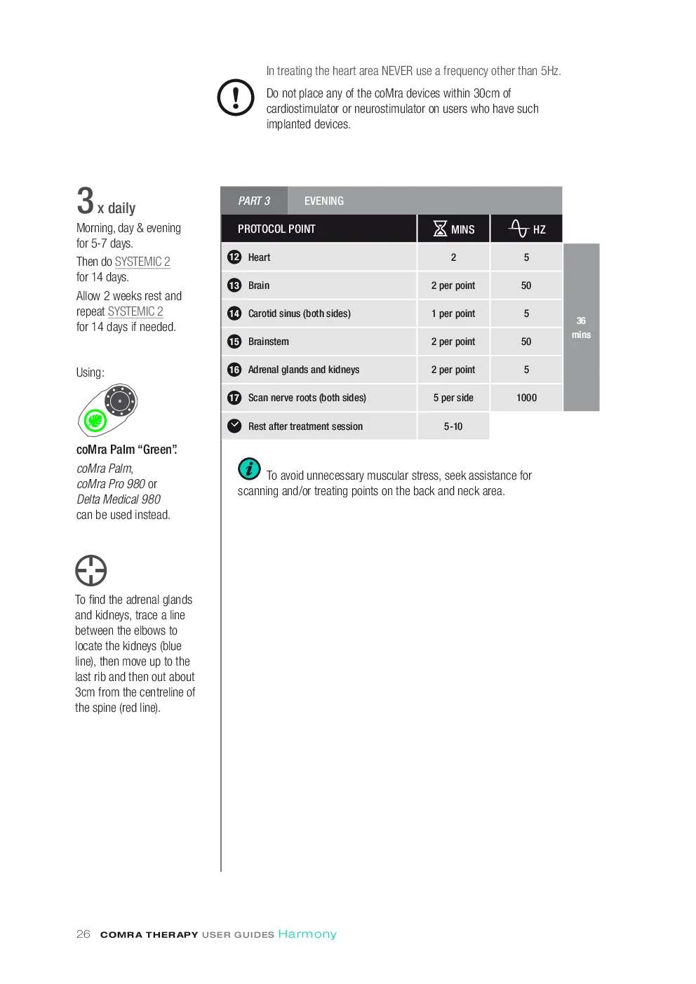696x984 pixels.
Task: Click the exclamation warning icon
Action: (236, 97)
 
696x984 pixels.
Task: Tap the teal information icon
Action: (249, 469)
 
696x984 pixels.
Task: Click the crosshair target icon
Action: (91, 570)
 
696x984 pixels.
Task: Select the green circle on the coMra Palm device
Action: (95, 420)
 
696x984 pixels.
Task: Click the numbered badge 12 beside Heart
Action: (234, 257)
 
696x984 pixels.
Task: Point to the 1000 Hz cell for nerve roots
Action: (526, 398)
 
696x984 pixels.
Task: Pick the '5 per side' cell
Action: (453, 398)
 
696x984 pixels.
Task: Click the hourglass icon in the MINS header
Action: (440, 229)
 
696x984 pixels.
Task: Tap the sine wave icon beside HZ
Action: (519, 228)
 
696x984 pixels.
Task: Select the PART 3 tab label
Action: (254, 201)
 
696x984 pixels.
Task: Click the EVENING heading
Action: (324, 201)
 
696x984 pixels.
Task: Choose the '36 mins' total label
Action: (581, 328)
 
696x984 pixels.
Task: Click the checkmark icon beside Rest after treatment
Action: (234, 426)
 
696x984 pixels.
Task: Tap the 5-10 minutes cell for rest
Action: (453, 426)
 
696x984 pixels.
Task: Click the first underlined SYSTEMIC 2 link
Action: (142, 262)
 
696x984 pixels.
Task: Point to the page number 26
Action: (83, 934)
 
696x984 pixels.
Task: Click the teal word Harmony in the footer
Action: (307, 934)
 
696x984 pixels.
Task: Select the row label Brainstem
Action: (269, 342)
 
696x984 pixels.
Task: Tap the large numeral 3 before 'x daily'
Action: (85, 201)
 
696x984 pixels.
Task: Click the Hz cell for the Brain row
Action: (526, 285)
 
